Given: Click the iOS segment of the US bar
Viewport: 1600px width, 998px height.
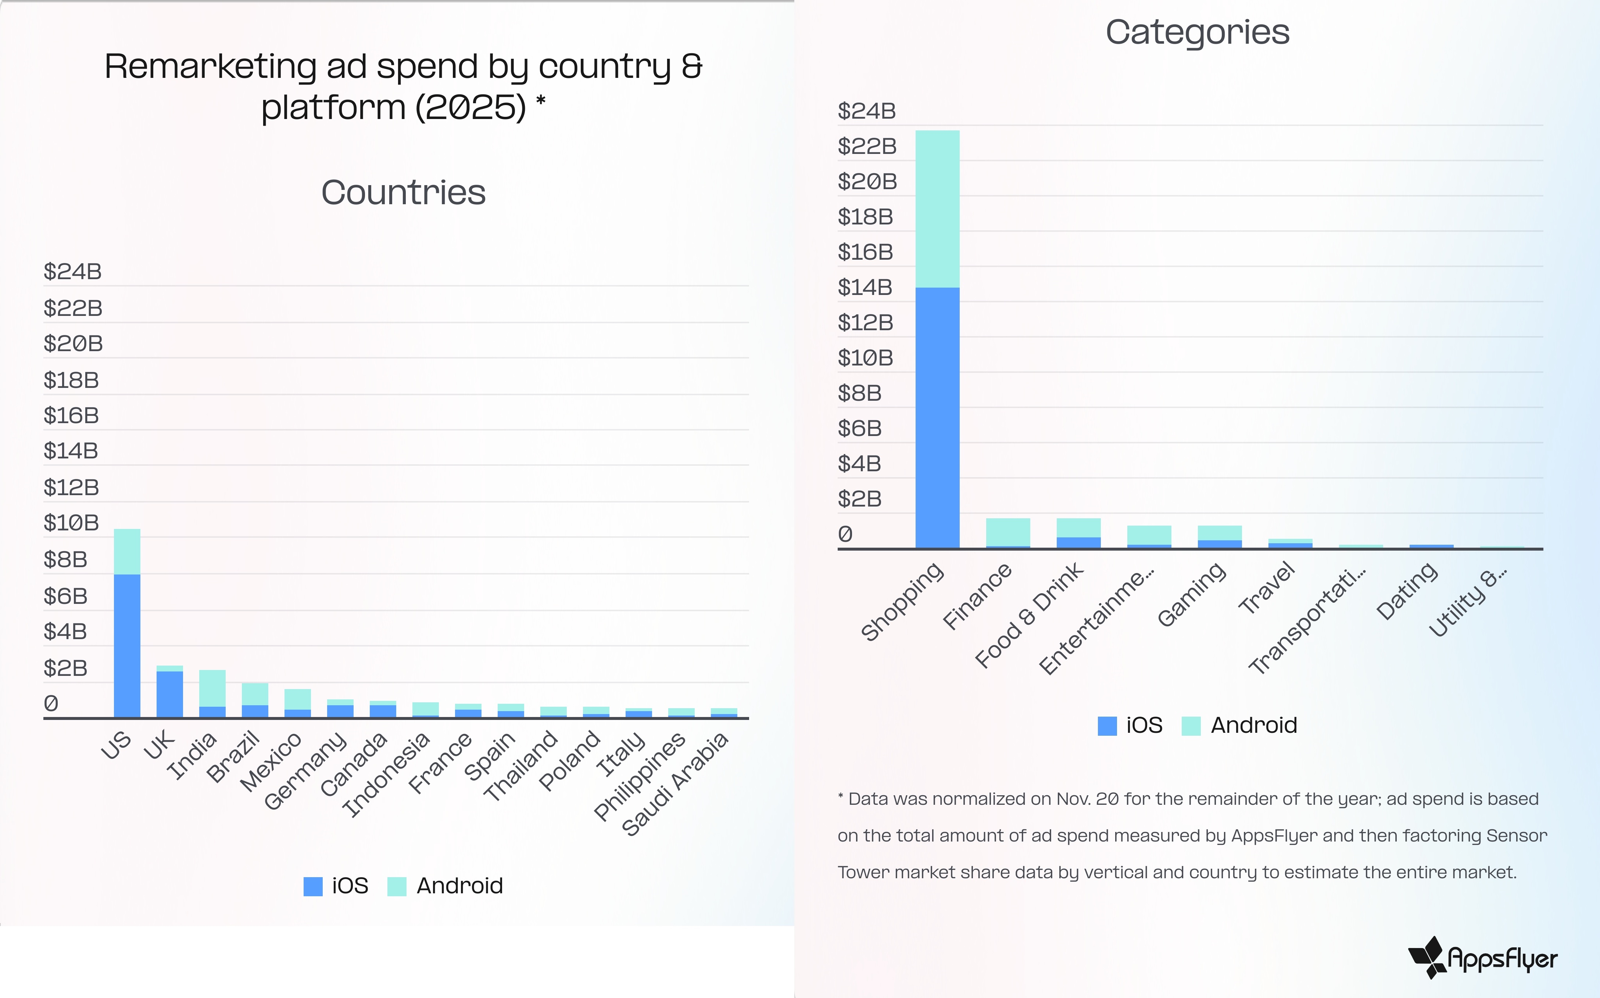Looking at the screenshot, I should [127, 645].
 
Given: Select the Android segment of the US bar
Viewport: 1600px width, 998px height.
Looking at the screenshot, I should [127, 551].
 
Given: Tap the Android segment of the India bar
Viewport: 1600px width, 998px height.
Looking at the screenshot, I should [212, 688].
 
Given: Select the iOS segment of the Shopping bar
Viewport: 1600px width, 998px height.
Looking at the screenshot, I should [937, 417].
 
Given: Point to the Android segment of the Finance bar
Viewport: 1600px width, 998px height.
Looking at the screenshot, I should [1008, 532].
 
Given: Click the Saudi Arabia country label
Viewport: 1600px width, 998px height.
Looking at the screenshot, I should [675, 783].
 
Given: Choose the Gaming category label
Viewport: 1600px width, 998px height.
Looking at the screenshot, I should [1192, 594].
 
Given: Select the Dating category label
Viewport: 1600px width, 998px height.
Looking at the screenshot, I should [1407, 591].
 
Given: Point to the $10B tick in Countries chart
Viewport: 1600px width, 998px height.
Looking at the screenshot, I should [71, 523].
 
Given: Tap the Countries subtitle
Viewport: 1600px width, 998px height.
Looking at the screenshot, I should [404, 193].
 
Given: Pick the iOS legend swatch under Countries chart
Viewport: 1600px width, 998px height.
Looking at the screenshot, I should [313, 886].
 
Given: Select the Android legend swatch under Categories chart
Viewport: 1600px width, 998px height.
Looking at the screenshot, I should [1191, 725].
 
